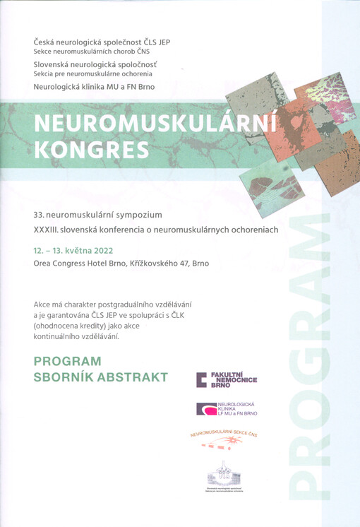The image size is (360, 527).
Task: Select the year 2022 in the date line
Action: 101,251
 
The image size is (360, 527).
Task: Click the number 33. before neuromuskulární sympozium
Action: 40,213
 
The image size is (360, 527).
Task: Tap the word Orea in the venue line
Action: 45,263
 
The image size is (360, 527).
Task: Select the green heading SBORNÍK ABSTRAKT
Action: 101,377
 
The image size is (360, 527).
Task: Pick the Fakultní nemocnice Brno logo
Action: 227,379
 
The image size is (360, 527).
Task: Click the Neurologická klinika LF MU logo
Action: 227,409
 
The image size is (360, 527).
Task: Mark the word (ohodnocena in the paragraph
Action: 60,326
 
